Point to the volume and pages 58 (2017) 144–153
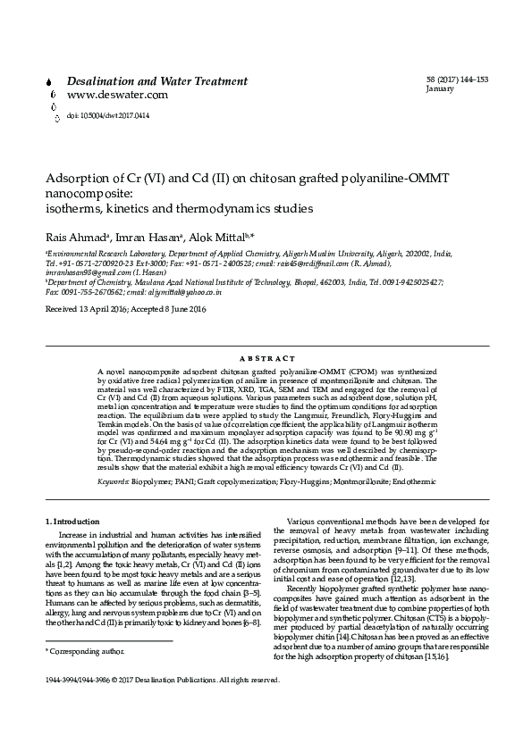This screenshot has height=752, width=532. click(458, 80)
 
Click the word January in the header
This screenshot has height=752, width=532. click(441, 90)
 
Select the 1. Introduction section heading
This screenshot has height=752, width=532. click(76, 521)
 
